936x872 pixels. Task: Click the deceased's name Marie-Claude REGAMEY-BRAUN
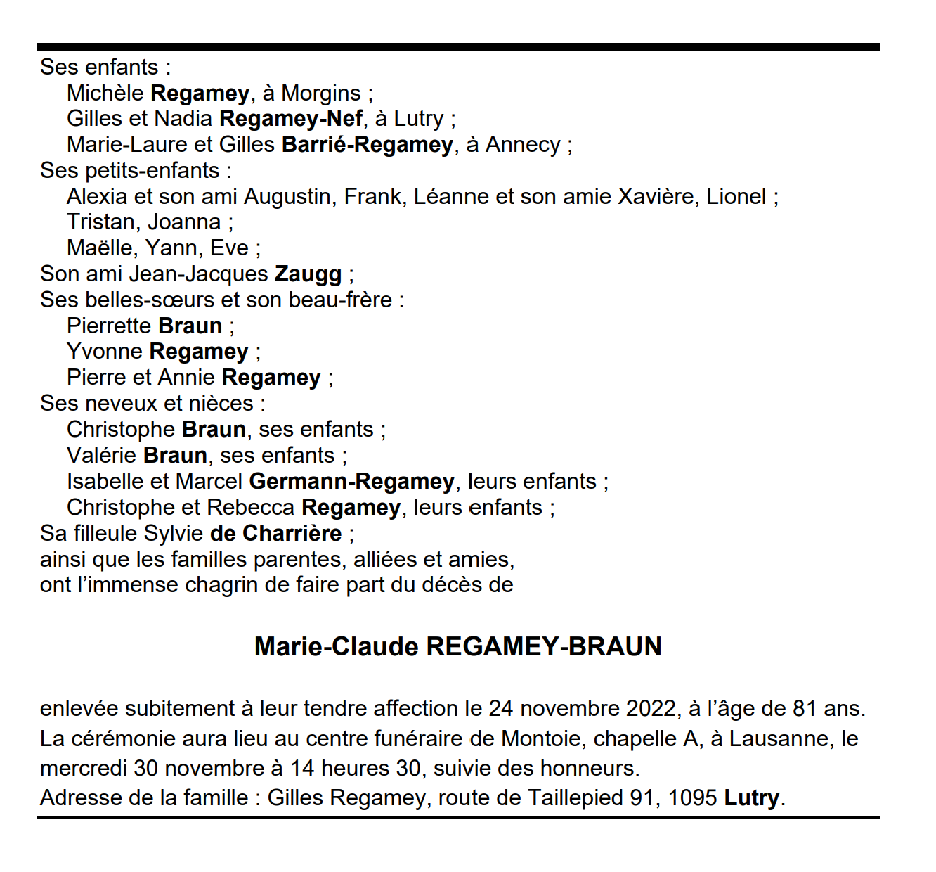point(457,646)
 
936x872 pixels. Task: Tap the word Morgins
point(321,93)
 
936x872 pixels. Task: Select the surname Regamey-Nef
point(291,119)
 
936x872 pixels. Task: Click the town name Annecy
point(523,145)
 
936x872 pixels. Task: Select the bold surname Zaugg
point(308,274)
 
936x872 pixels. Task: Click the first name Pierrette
point(109,326)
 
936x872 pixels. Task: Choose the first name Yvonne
point(105,352)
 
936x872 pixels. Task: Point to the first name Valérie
point(101,456)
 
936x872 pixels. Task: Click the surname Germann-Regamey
point(351,482)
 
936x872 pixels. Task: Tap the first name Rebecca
point(251,508)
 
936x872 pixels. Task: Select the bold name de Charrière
point(275,534)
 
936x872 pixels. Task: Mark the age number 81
point(805,708)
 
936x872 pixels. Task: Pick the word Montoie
point(541,738)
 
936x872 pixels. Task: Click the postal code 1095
point(692,798)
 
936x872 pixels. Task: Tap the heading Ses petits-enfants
point(130,171)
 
